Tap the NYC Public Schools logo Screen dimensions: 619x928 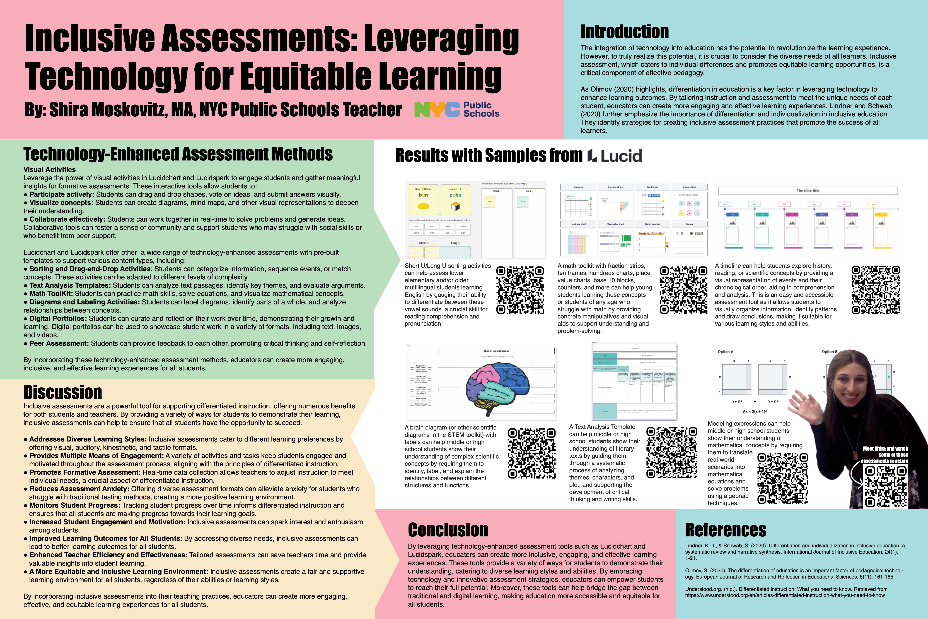456,109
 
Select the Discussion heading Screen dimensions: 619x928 63,392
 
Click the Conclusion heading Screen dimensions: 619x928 448,530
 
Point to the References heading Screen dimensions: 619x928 726,530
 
